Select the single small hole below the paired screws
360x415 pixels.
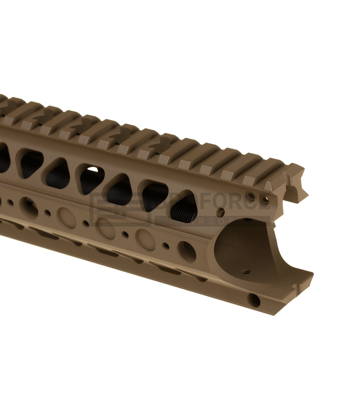pyautogui.click(x=222, y=212)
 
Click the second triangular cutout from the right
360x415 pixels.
pyautogui.click(x=153, y=195)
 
